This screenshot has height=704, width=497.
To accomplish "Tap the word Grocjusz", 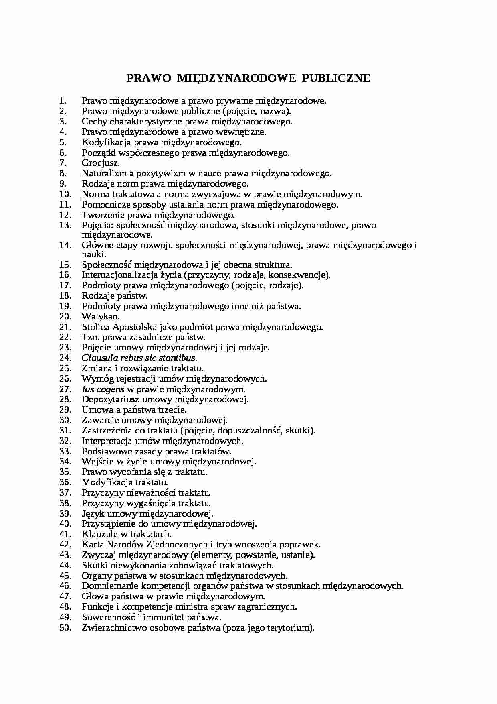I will [101, 163].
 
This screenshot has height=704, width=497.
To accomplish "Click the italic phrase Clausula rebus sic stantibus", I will [139, 358].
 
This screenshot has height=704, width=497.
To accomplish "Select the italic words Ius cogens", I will [103, 389].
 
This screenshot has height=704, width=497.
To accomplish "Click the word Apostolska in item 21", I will [134, 327].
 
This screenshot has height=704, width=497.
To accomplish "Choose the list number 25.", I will [65, 368].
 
